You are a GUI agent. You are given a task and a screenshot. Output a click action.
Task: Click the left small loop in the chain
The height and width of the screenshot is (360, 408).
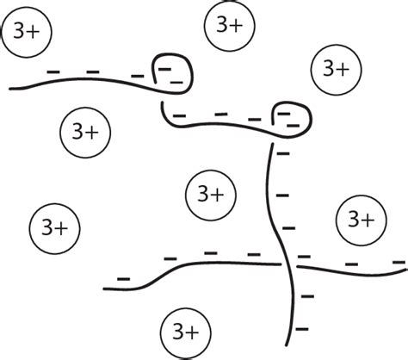[x=172, y=71]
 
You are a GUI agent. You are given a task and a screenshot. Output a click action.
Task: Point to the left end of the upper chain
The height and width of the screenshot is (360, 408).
[x=10, y=88]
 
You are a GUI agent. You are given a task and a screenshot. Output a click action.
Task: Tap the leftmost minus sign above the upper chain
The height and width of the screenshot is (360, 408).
[x=53, y=70]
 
